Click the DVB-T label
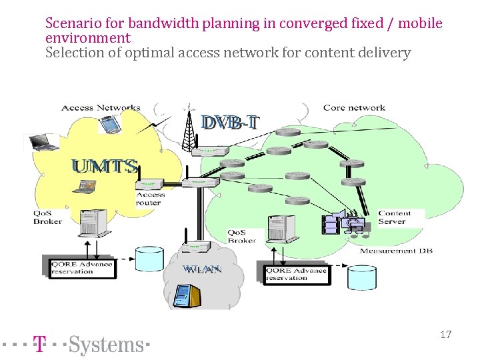point(231,123)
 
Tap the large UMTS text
point(105,167)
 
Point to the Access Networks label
point(101,107)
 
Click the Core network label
point(354,107)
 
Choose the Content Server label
point(394,217)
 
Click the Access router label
point(149,199)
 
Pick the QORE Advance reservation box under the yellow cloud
point(82,267)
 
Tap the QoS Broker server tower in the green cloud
point(277,229)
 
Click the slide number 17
point(445,335)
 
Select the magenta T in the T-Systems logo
point(40,344)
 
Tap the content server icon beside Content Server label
point(333,224)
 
